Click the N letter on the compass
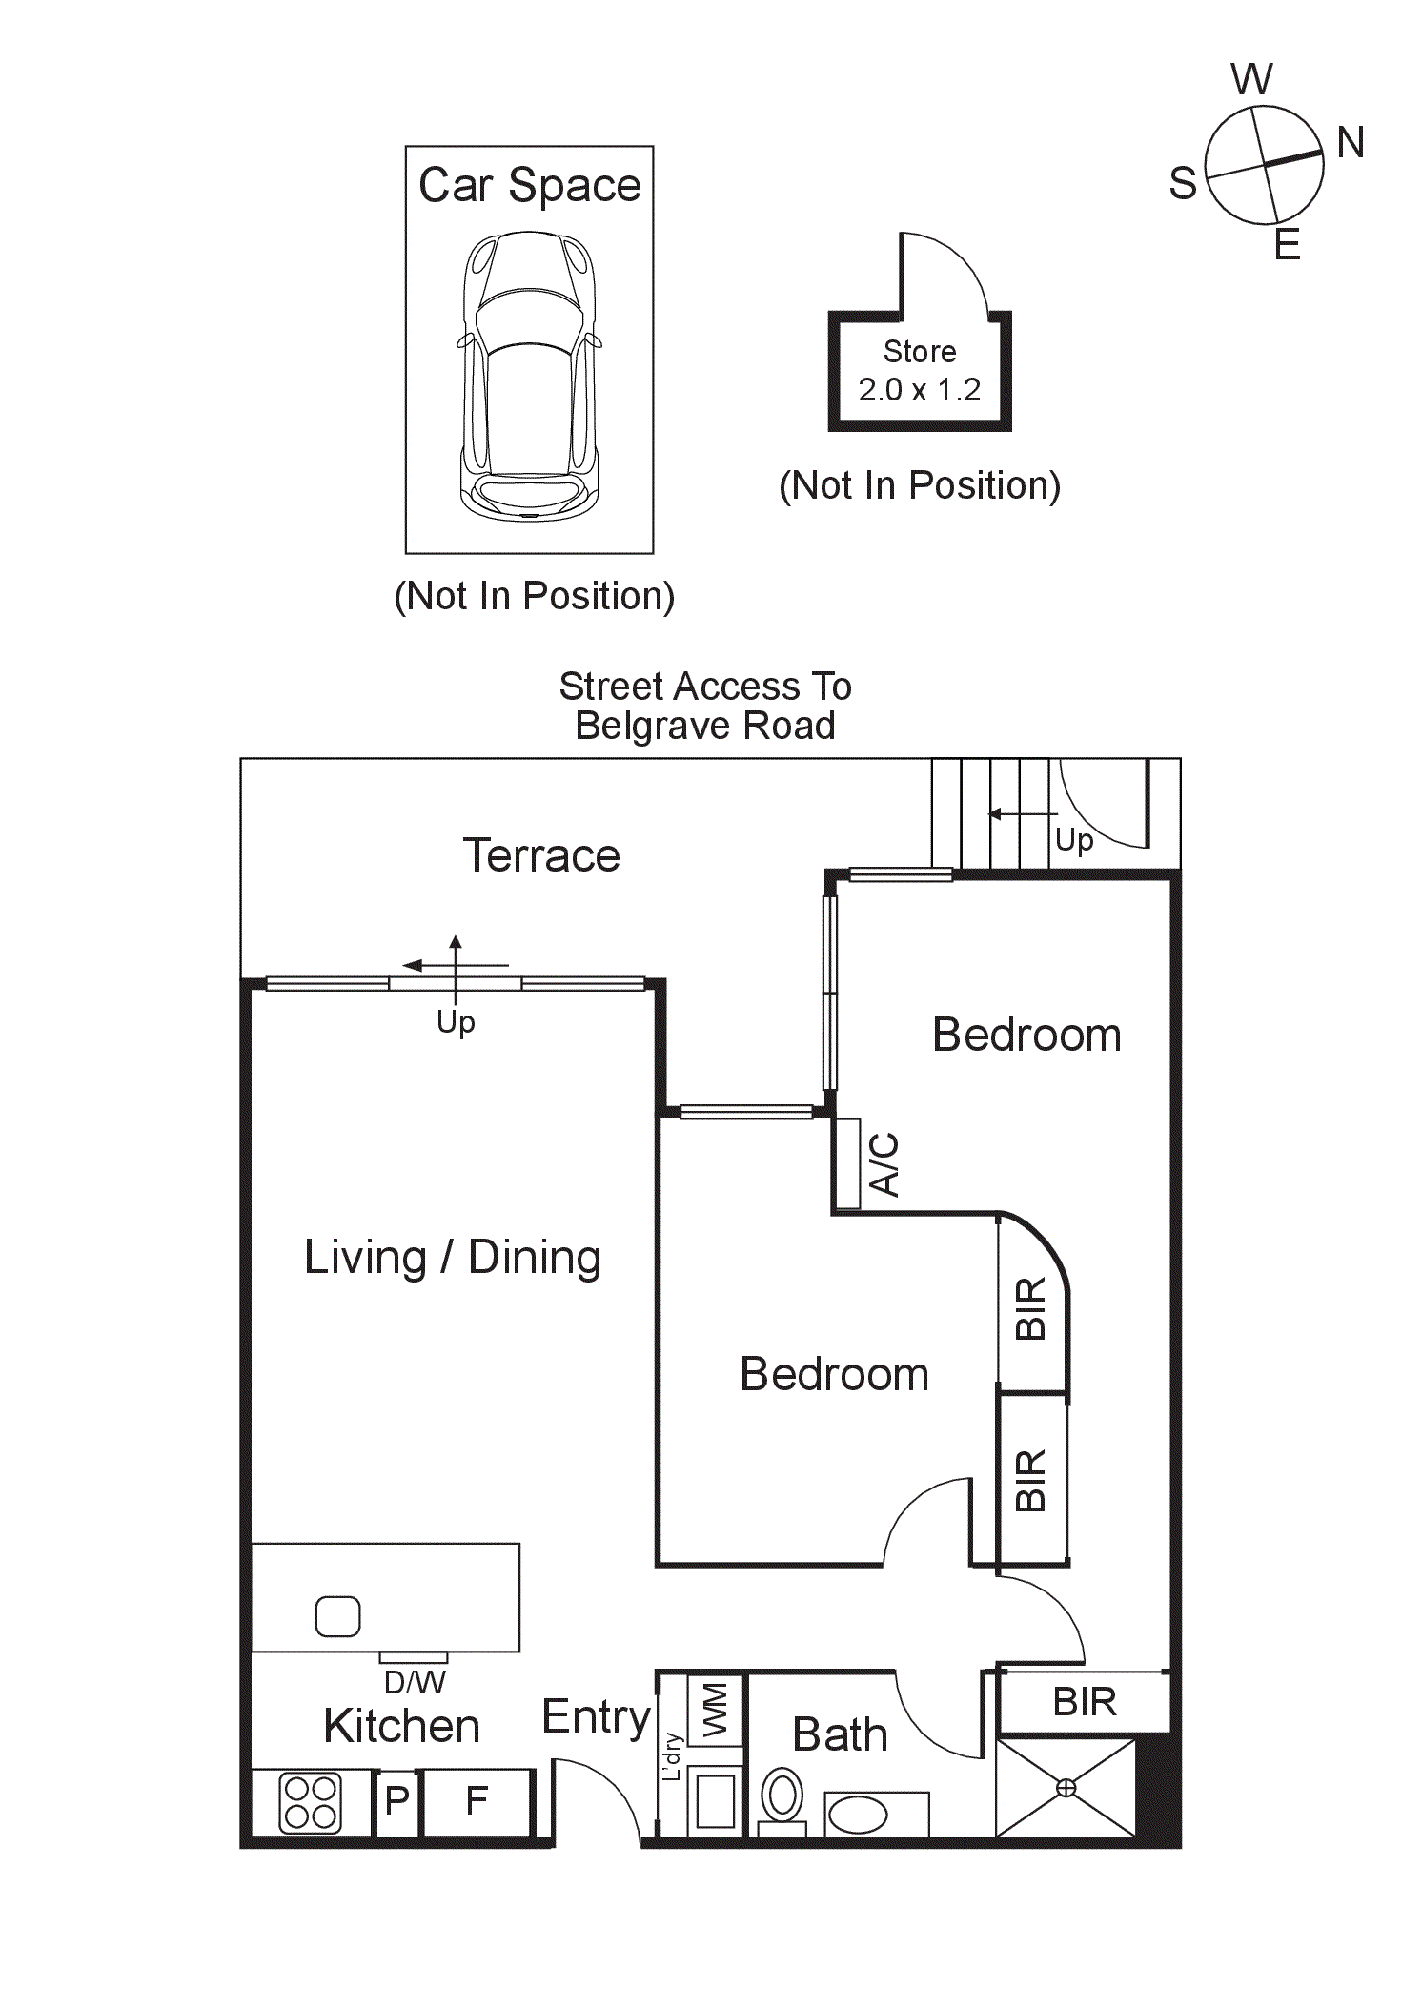pyautogui.click(x=1350, y=143)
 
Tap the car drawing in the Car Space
pyautogui.click(x=530, y=376)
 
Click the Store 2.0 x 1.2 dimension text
pyautogui.click(x=919, y=390)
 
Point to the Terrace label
pyautogui.click(x=541, y=855)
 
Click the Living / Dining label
pyautogui.click(x=453, y=1257)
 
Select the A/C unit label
pyautogui.click(x=884, y=1164)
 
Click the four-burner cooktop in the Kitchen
pyautogui.click(x=310, y=1803)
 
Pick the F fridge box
pyautogui.click(x=477, y=1801)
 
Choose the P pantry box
pyautogui.click(x=396, y=1801)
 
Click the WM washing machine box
pyautogui.click(x=715, y=1711)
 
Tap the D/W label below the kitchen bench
pyautogui.click(x=414, y=1682)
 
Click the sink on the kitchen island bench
pyautogui.click(x=337, y=1616)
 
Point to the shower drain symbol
pyautogui.click(x=1066, y=1789)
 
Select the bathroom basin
pyautogui.click(x=858, y=1815)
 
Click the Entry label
pyautogui.click(x=596, y=1717)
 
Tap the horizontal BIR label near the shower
pyautogui.click(x=1085, y=1702)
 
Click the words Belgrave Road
pyautogui.click(x=705, y=726)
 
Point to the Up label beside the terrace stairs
pyautogui.click(x=1074, y=840)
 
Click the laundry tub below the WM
pyautogui.click(x=716, y=1800)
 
